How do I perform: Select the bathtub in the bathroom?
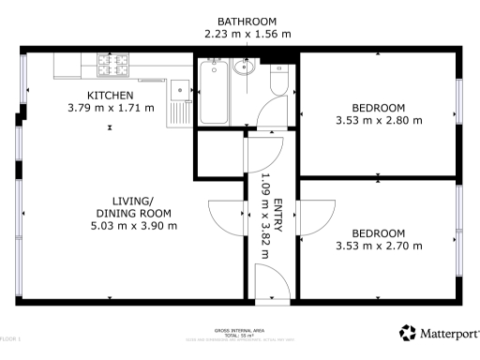tap(213, 92)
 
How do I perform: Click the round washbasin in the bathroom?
tap(246, 68)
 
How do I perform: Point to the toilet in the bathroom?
tap(277, 84)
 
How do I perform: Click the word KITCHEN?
tap(110, 96)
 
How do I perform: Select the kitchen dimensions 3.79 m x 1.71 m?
tap(110, 109)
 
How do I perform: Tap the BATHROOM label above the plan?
tap(247, 21)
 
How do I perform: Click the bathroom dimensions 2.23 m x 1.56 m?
tap(247, 34)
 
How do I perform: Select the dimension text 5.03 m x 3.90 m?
tap(134, 226)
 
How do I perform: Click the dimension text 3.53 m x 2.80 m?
tap(379, 120)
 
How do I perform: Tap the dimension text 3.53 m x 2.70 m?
tap(379, 246)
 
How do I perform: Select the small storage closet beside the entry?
tap(218, 154)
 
